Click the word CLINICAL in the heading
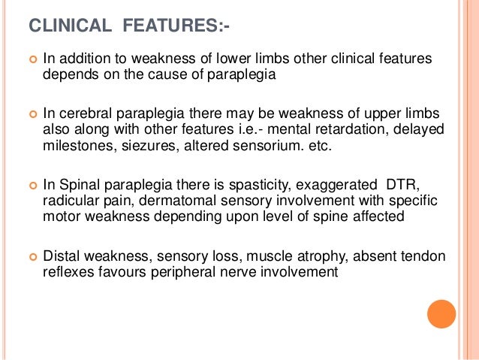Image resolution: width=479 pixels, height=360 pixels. pyautogui.click(x=69, y=28)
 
